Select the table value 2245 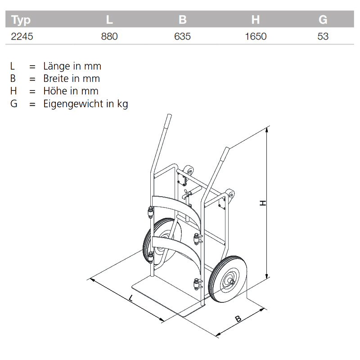22,36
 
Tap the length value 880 109,36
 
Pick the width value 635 182,36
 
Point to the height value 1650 256,36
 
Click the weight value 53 323,36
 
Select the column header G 323,20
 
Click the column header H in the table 256,20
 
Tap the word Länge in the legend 58,66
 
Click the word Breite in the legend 58,78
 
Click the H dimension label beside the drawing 263,203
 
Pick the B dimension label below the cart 238,319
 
